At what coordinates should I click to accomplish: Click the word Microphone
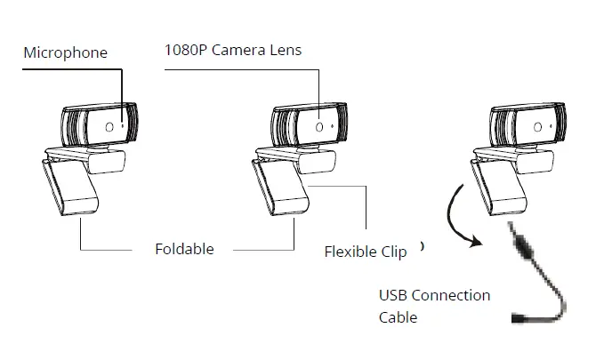[65, 52]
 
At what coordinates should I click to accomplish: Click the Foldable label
[184, 249]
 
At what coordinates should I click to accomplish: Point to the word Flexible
[350, 252]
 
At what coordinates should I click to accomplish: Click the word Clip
[393, 252]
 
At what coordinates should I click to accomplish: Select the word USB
[394, 295]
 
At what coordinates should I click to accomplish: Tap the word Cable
[398, 316]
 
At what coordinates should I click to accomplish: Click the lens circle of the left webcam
[109, 127]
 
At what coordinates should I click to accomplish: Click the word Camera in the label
[234, 50]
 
